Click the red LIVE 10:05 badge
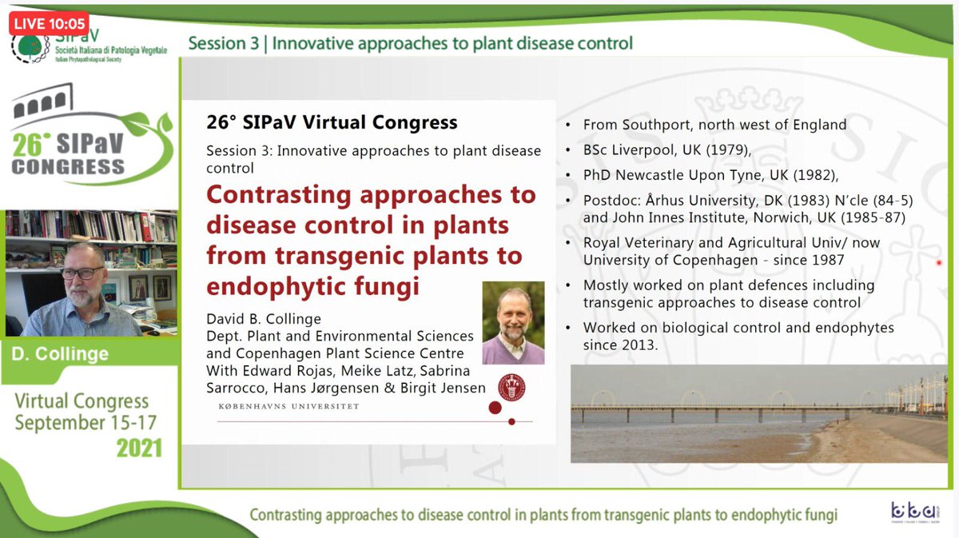48,24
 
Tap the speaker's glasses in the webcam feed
82,273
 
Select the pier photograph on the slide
758,413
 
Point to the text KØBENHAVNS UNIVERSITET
288,406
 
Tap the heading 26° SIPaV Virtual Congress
332,122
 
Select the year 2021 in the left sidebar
139,448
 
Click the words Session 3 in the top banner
224,43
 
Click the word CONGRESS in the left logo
68,168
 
